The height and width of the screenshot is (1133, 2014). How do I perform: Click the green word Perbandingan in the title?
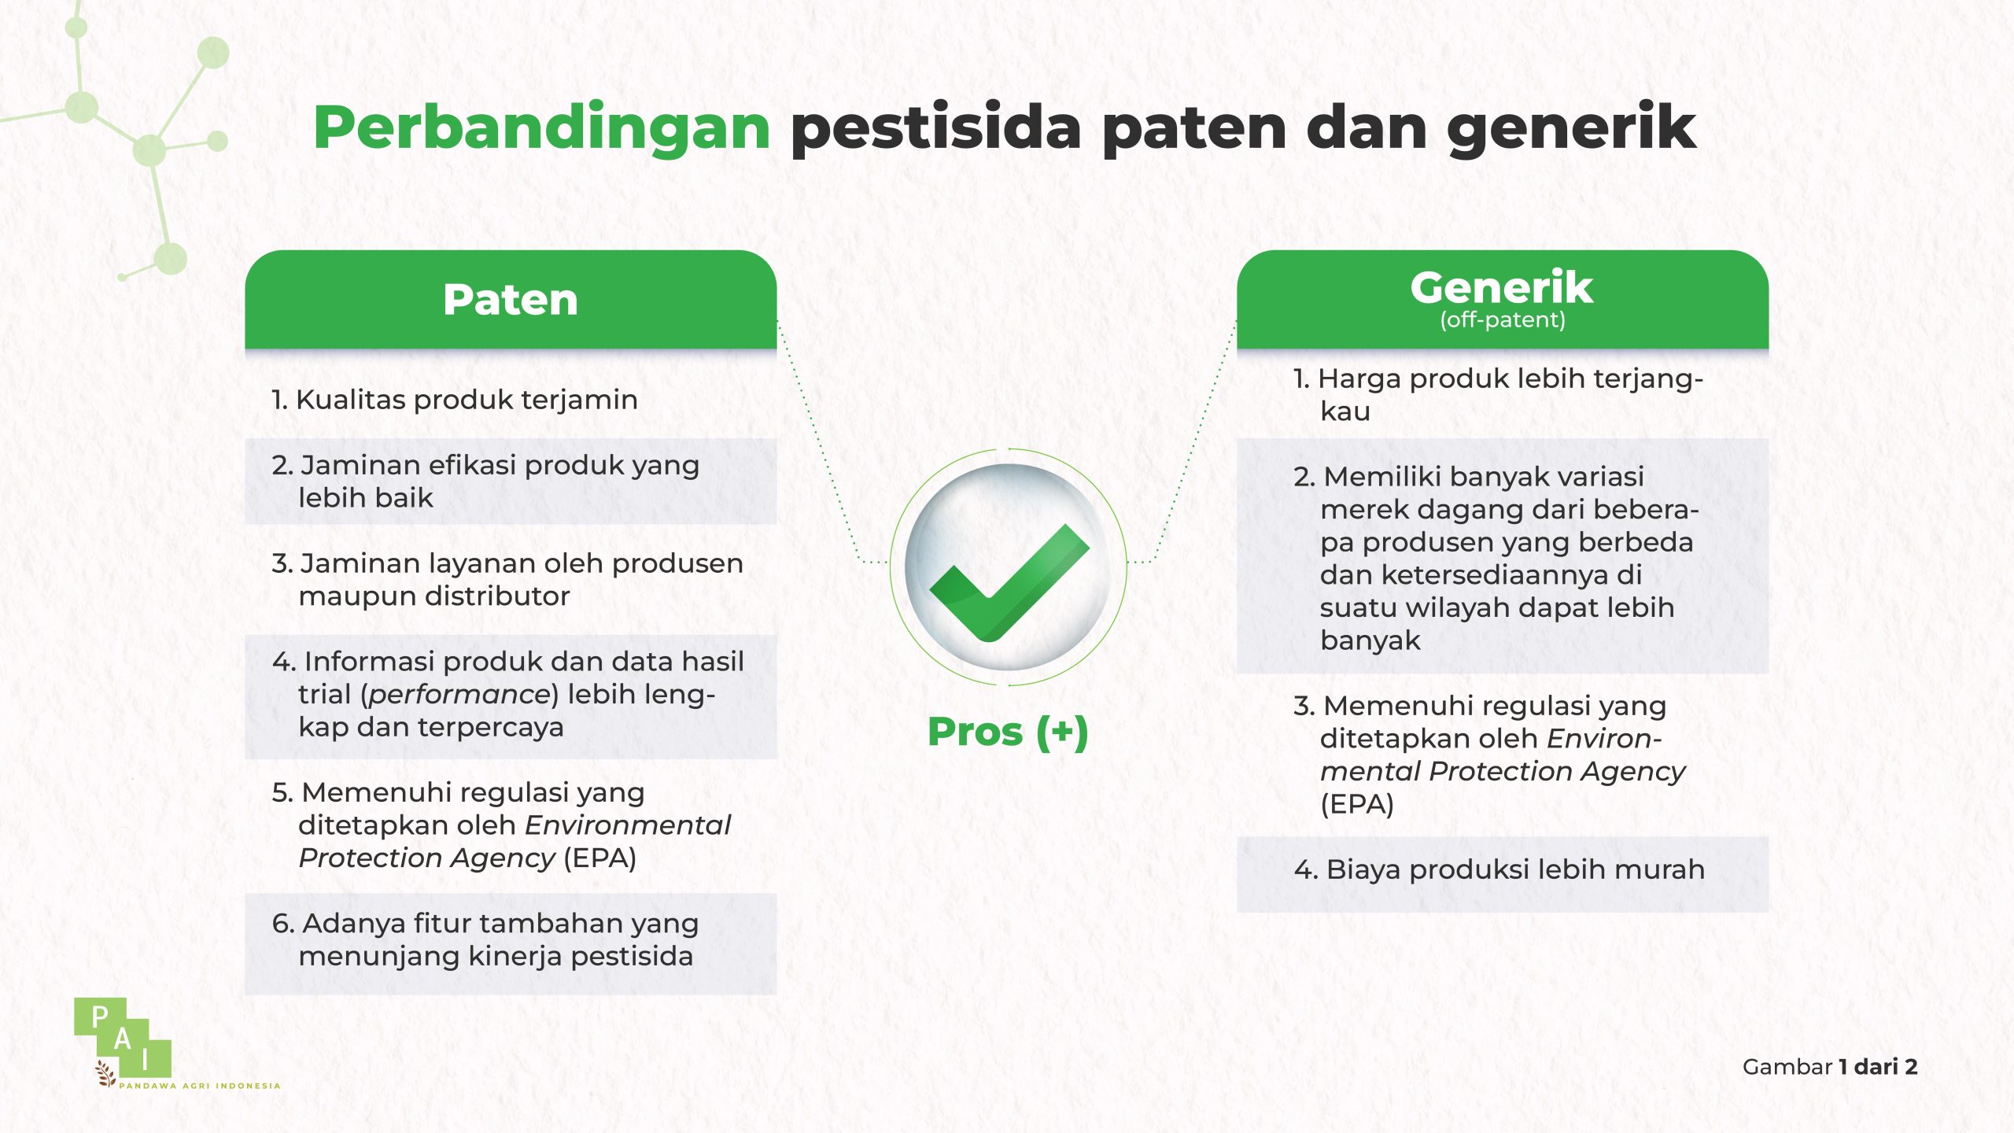[542, 128]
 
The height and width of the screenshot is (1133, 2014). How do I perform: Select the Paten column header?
[511, 300]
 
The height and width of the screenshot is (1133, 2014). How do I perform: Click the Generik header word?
[1502, 287]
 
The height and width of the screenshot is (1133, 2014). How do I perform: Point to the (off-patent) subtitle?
[1503, 320]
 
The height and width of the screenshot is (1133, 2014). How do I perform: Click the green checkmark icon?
[1009, 582]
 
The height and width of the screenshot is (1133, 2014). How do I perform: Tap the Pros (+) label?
[1008, 732]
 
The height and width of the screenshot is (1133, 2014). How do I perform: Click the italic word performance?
[459, 695]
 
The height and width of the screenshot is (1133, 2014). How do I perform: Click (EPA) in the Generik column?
[1357, 805]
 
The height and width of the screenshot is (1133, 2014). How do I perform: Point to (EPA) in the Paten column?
[599, 858]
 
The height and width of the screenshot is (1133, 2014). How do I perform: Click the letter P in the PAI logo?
[100, 1017]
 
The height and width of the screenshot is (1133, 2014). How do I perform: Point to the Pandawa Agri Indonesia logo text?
[200, 1086]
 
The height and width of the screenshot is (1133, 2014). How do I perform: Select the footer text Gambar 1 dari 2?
[1830, 1067]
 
